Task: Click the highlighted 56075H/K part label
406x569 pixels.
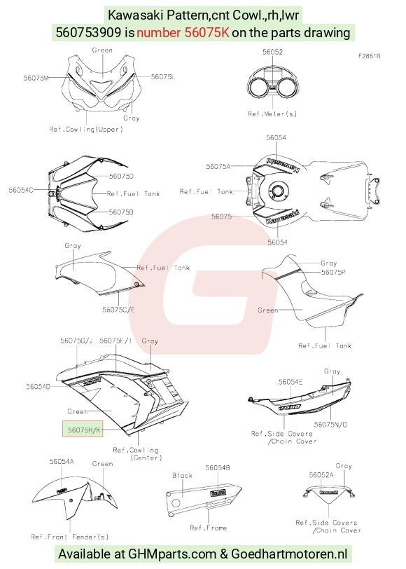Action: tap(83, 430)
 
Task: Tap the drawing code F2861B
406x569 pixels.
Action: tap(370, 56)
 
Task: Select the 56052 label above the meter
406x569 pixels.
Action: tap(272, 52)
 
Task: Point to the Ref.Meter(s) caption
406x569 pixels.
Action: tap(272, 114)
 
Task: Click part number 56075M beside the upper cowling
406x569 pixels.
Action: tap(36, 78)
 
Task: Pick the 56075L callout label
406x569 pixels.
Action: tap(163, 76)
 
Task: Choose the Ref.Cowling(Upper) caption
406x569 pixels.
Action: tap(86, 129)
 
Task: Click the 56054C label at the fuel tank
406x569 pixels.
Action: tap(21, 190)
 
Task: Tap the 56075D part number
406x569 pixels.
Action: tap(121, 176)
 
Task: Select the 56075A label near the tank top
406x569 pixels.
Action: tap(218, 167)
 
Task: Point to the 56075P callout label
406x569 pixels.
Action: tap(333, 272)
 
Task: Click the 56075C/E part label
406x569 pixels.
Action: tap(118, 310)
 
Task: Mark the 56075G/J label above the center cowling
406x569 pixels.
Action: tap(76, 341)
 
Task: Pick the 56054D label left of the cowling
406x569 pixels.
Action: tap(38, 387)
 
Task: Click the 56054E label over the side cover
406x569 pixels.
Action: tap(290, 382)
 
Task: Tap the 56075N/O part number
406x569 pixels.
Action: tap(330, 425)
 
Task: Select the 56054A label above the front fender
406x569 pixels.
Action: tap(62, 461)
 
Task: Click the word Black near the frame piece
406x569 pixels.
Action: tap(182, 475)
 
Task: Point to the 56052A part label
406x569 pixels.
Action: tap(321, 475)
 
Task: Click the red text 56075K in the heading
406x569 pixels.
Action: tap(207, 33)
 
